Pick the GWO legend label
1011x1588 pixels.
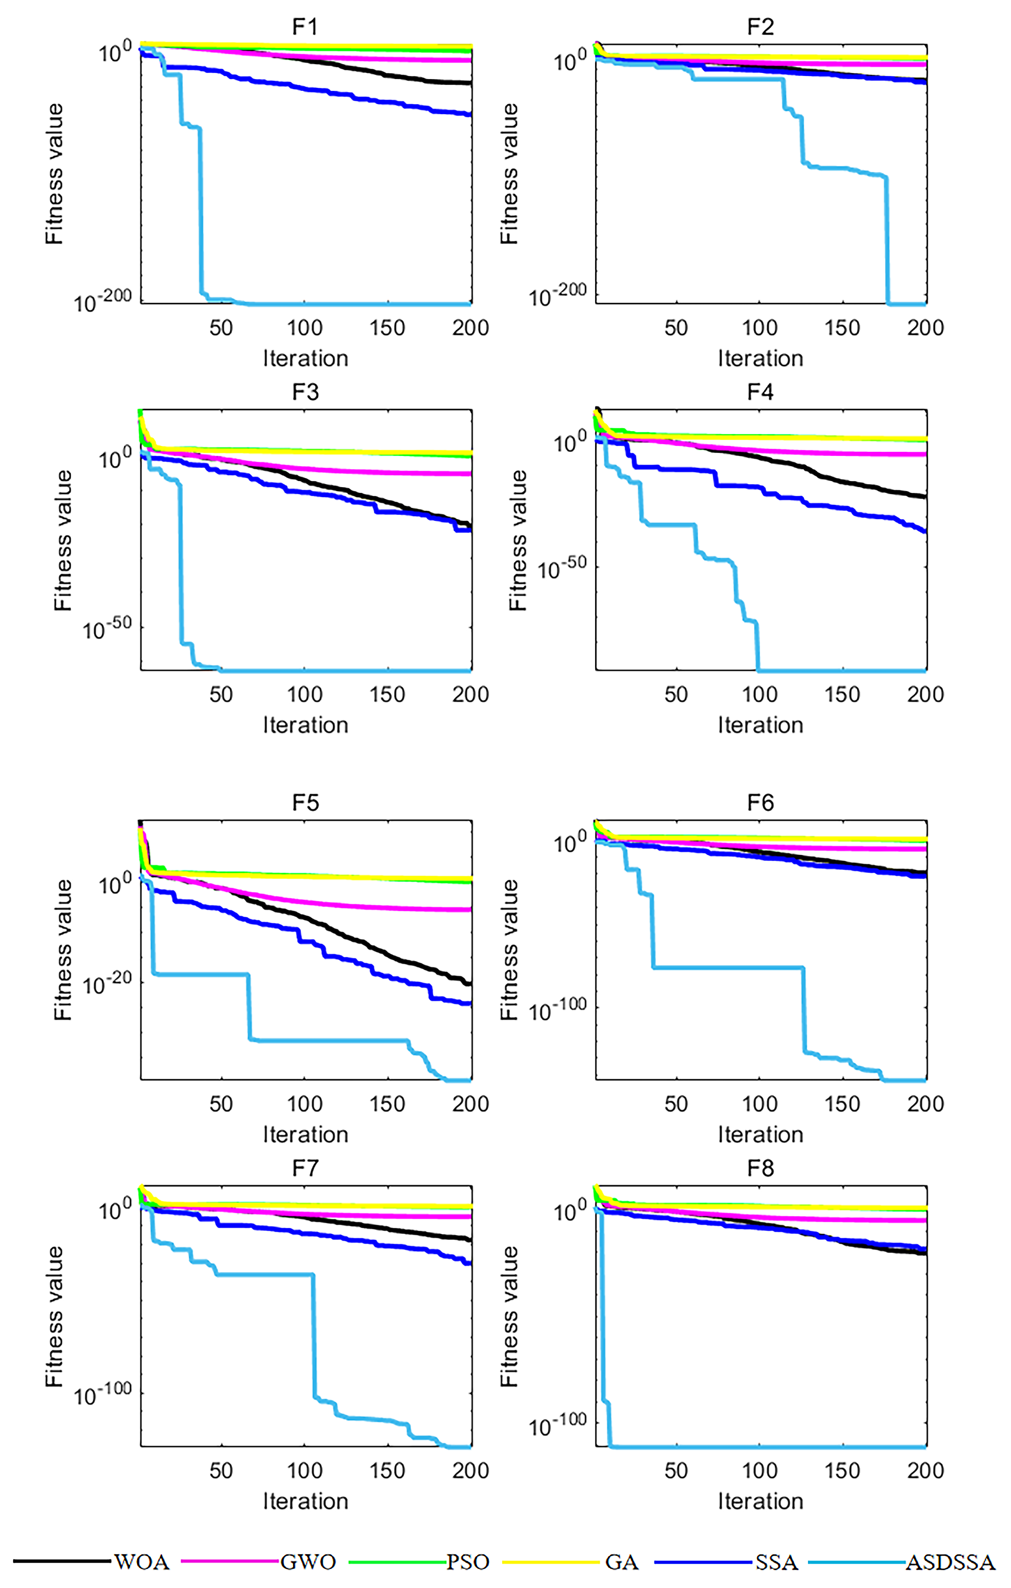pos(308,1561)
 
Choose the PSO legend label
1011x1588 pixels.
pos(468,1561)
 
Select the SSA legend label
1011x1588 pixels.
pos(777,1561)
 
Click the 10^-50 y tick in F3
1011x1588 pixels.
pos(107,628)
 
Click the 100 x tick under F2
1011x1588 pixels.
pos(760,328)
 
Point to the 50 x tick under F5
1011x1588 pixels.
pos(221,1104)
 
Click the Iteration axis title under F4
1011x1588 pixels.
pos(761,725)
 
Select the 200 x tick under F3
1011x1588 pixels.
pos(470,694)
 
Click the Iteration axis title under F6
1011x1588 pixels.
pos(761,1134)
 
